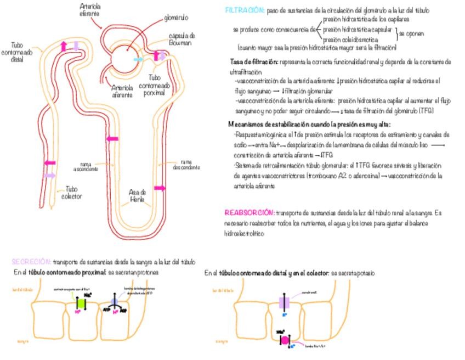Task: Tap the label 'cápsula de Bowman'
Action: tap(180, 39)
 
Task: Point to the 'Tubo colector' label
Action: tap(72, 193)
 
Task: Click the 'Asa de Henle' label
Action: tap(137, 196)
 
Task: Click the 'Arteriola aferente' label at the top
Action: tap(90, 9)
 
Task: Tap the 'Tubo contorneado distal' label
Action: tap(21, 52)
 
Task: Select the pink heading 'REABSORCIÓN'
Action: tap(249, 212)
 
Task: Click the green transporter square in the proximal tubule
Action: tap(80, 303)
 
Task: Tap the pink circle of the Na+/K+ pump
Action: tap(285, 340)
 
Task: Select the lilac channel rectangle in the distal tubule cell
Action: tap(284, 302)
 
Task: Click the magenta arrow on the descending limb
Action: tap(160, 188)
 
